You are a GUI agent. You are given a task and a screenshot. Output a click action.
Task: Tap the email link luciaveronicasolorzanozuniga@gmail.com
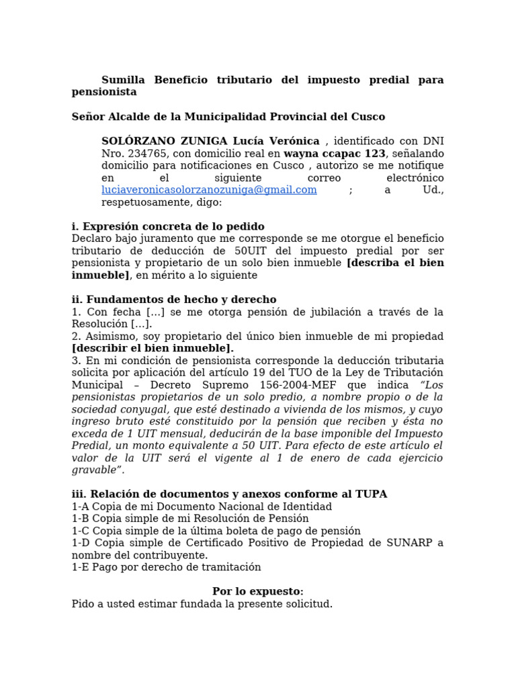pyautogui.click(x=209, y=190)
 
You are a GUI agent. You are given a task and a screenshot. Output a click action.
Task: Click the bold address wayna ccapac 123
pyautogui.click(x=335, y=153)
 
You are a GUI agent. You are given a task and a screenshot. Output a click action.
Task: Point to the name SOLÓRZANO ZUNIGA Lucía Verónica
pyautogui.click(x=210, y=141)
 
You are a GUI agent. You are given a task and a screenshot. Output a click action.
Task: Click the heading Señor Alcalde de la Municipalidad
pyautogui.click(x=228, y=117)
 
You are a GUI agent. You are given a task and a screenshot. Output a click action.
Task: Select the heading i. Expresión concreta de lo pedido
pyautogui.click(x=168, y=226)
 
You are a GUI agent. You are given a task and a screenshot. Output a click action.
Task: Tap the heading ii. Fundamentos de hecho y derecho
pyautogui.click(x=174, y=300)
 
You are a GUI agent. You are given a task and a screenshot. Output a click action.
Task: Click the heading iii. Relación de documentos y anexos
pyautogui.click(x=229, y=494)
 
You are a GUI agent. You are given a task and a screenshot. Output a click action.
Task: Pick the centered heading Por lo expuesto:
pyautogui.click(x=258, y=591)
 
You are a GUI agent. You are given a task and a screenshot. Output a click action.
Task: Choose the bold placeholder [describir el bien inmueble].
pyautogui.click(x=153, y=348)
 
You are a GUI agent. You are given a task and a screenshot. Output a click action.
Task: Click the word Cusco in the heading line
pyautogui.click(x=368, y=117)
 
